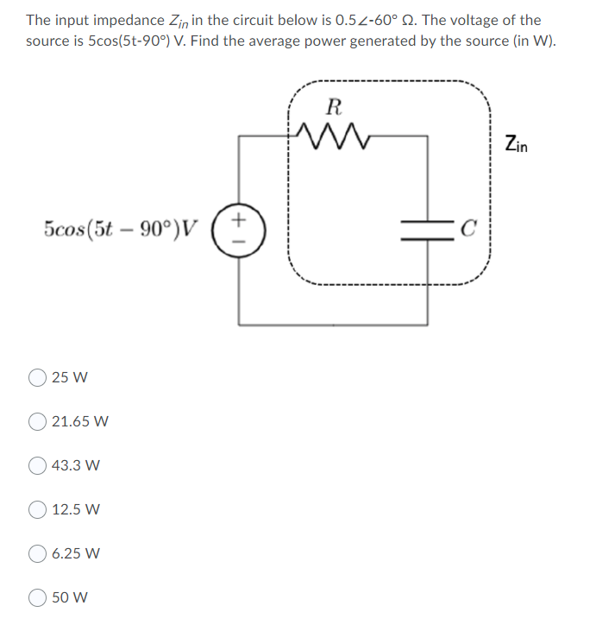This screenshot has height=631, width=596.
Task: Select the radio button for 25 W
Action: click(x=38, y=377)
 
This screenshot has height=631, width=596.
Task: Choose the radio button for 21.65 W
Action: click(x=38, y=421)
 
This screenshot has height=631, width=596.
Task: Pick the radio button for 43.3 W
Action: click(x=38, y=465)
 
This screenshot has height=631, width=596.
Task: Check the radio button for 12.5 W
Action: click(x=38, y=509)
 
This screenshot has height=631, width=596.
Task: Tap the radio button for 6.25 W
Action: click(x=38, y=553)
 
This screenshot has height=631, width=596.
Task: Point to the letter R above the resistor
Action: click(x=335, y=107)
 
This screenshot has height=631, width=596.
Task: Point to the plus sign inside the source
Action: click(x=240, y=221)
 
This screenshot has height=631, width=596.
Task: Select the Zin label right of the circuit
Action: click(x=518, y=144)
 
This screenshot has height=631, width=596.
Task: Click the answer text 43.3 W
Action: click(x=76, y=465)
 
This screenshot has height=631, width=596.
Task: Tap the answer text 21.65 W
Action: click(x=80, y=421)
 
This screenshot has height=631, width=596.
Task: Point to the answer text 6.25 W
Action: click(x=76, y=553)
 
